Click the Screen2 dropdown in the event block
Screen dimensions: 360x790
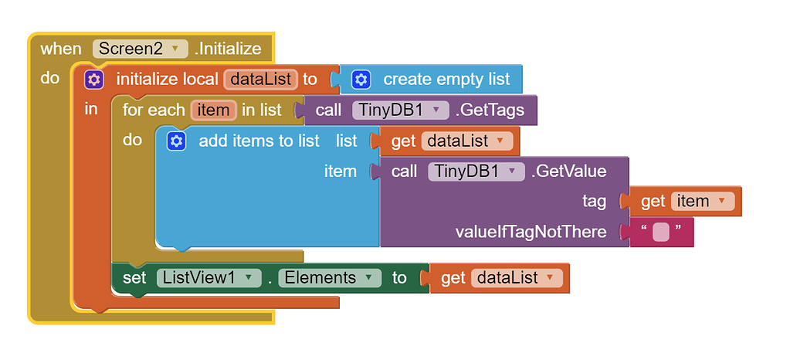(140, 49)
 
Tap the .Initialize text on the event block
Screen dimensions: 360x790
(228, 49)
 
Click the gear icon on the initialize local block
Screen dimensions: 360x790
(94, 79)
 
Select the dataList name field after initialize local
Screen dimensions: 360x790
(260, 79)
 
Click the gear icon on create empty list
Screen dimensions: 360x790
(361, 79)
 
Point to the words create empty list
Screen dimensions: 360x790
(446, 79)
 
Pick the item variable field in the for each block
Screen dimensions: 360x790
(213, 110)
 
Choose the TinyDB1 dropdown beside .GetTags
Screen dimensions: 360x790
(400, 110)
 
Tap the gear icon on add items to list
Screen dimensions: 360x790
(177, 141)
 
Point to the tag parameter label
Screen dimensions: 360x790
(594, 201)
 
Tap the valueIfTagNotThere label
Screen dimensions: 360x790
(531, 232)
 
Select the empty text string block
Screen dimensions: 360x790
(660, 232)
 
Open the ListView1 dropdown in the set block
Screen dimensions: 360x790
(208, 278)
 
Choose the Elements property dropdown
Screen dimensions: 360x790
(329, 278)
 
